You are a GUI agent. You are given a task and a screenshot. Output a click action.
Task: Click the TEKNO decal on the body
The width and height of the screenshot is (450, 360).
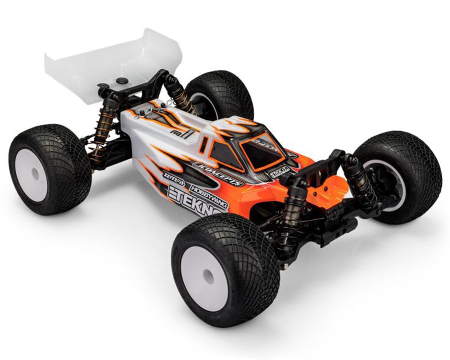(x=195, y=200)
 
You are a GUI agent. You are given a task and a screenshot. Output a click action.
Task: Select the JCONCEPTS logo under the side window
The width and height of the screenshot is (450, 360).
(x=218, y=174)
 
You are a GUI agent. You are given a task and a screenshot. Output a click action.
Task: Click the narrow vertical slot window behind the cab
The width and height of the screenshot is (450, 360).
(x=204, y=145)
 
